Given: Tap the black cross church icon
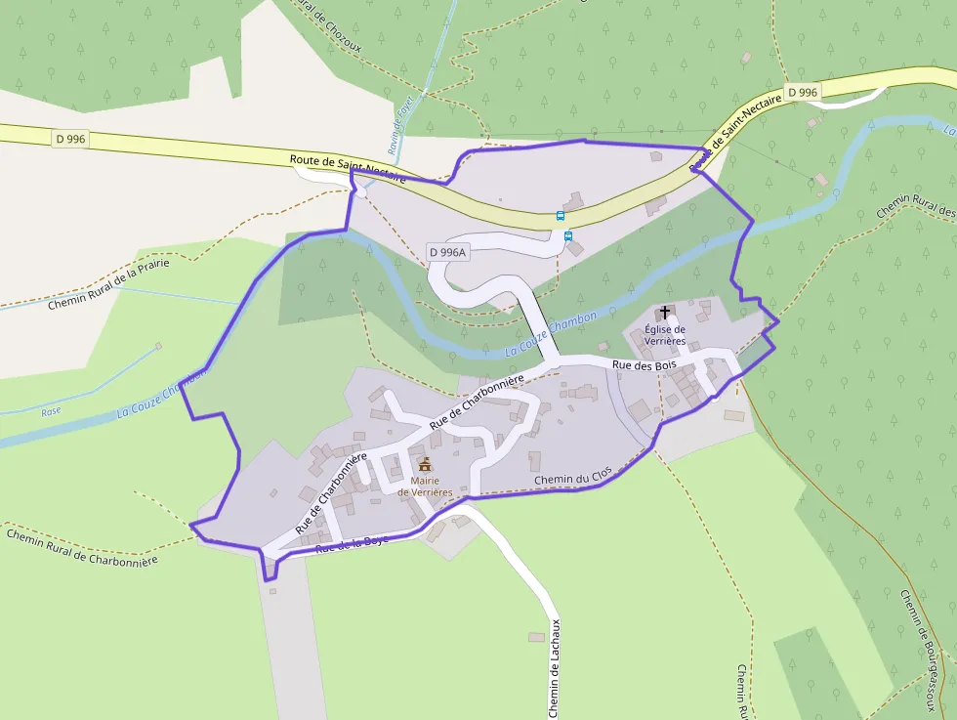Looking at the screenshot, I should coord(665,313).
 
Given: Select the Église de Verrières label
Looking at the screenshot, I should coord(665,335).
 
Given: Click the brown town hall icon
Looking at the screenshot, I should coord(425,463).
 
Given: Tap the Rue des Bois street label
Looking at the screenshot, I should coord(644,364).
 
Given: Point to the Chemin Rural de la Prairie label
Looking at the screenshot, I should coord(108,284).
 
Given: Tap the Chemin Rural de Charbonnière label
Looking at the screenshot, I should coord(81,547).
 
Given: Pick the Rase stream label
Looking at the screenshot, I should coord(51,411).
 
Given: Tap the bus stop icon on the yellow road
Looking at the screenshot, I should coord(560,216).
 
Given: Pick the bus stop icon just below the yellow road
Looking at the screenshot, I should coord(568,235).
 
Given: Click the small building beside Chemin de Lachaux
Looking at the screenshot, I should coord(536,637).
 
